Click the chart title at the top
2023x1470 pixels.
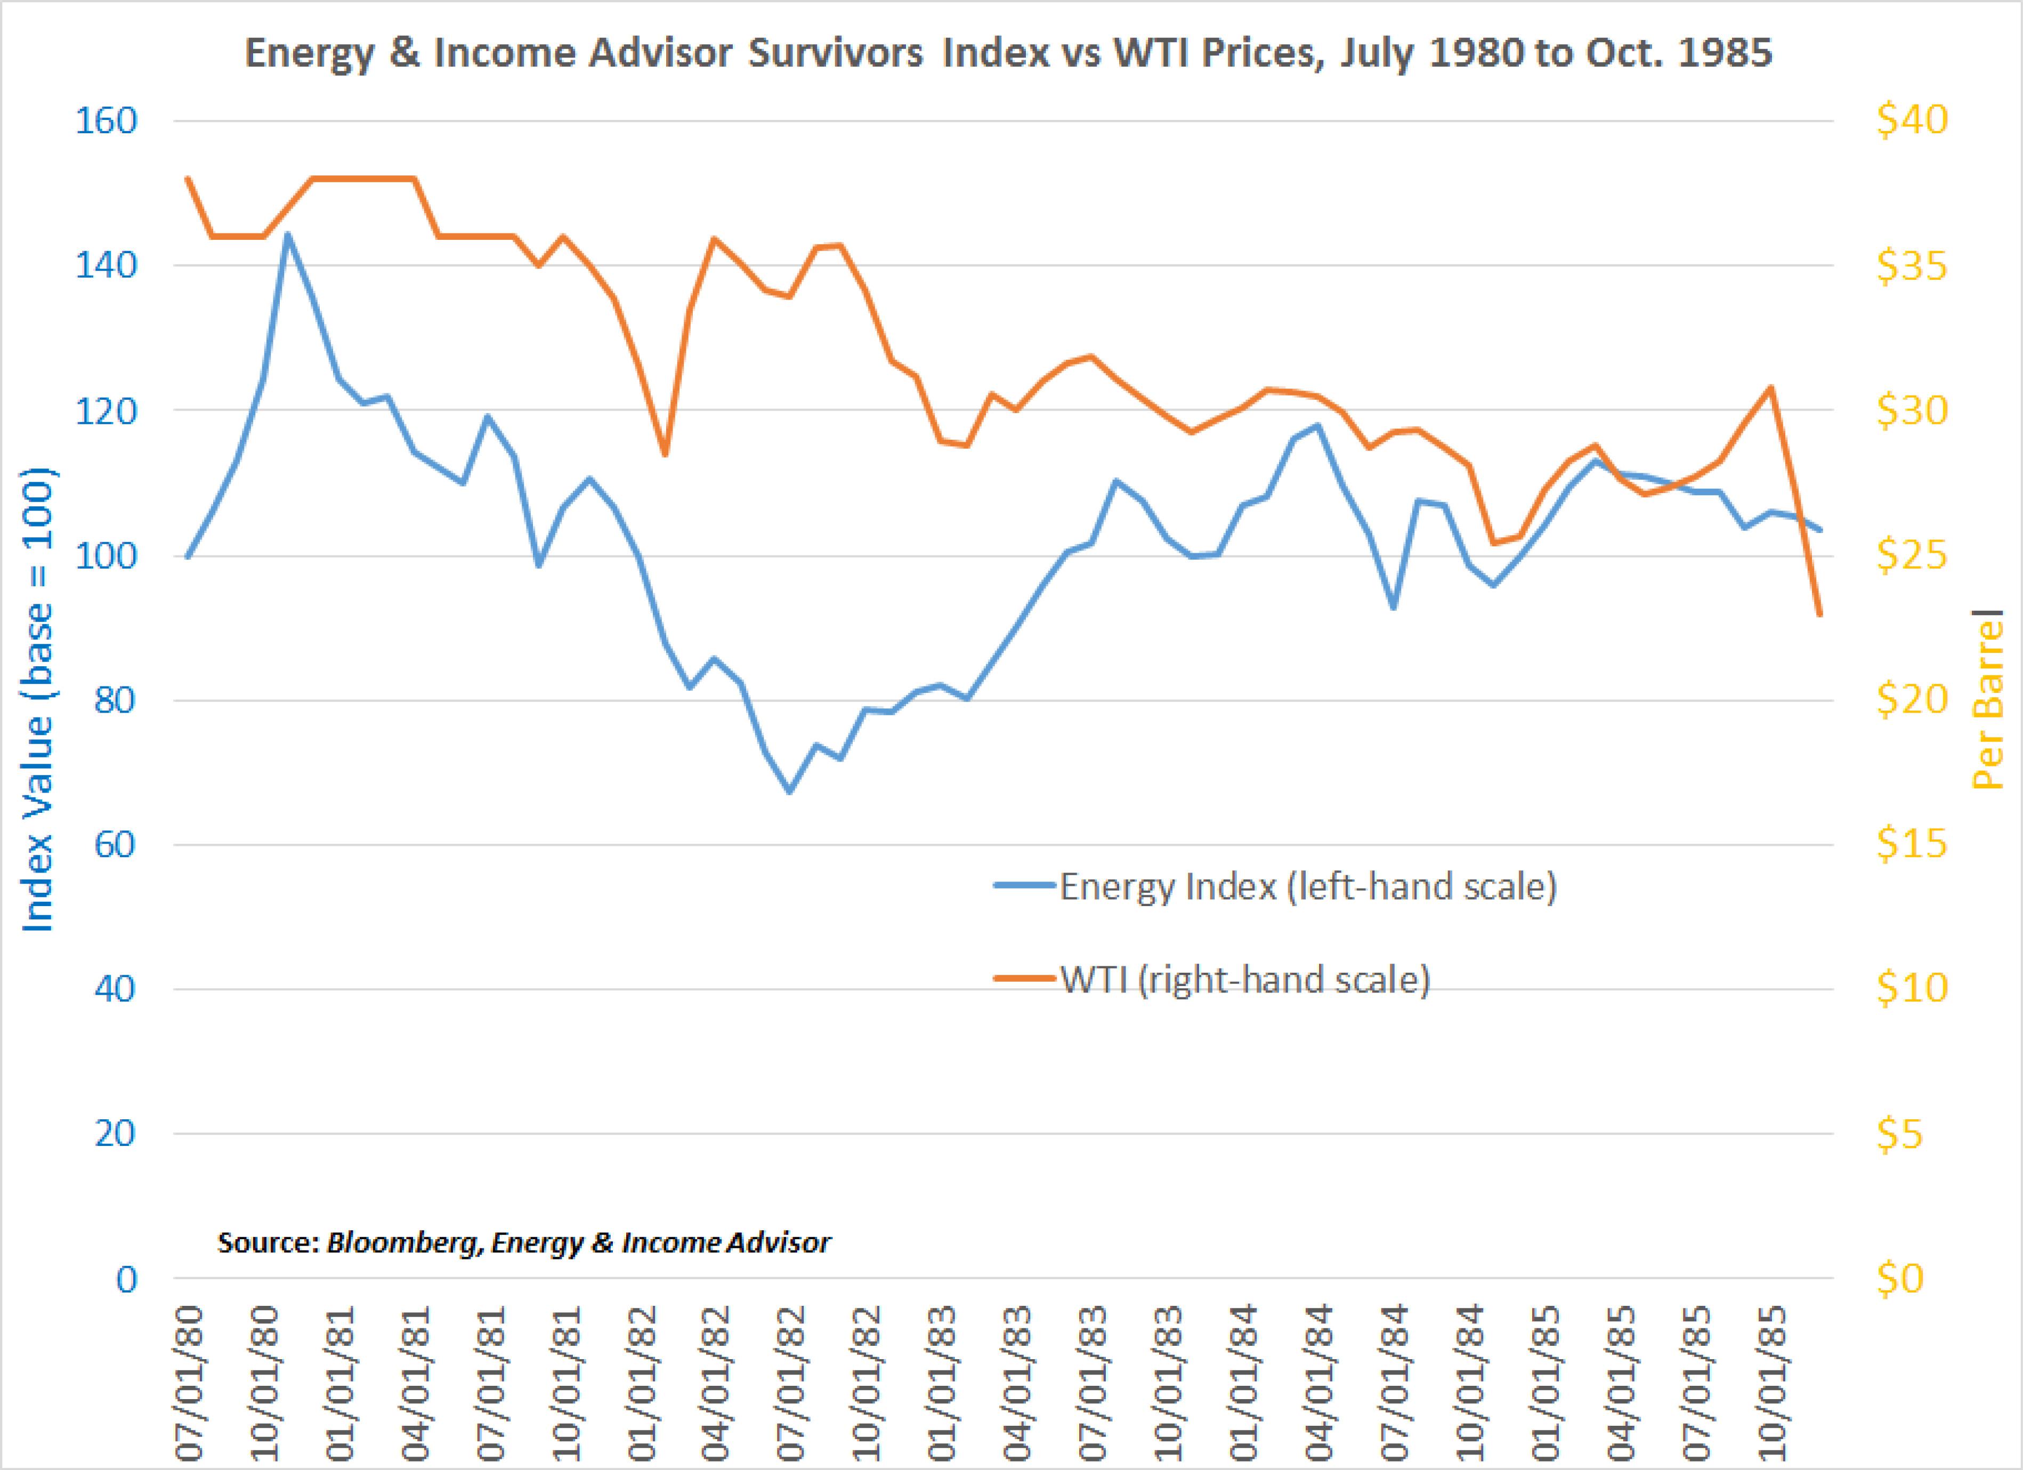coord(1009,53)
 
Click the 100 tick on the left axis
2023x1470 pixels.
coord(106,556)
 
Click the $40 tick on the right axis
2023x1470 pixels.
coord(1912,120)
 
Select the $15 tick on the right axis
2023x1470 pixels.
coord(1912,844)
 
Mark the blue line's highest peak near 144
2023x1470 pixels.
coord(287,235)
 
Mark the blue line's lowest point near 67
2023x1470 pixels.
coord(789,791)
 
